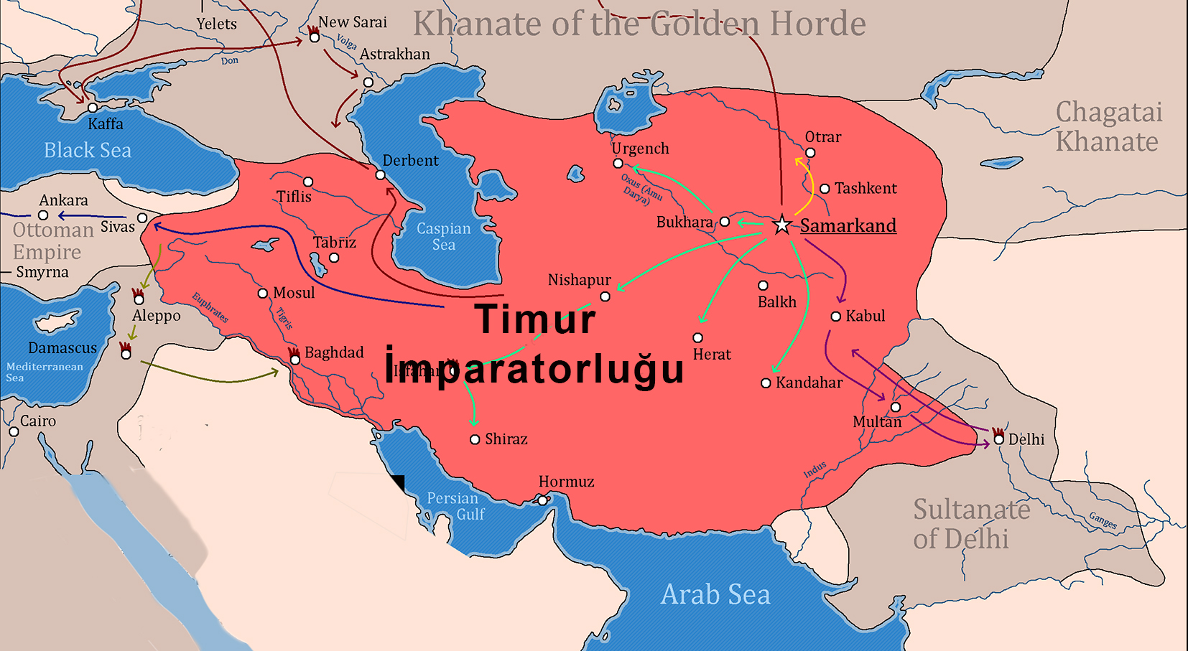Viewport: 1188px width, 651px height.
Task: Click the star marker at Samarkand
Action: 781,225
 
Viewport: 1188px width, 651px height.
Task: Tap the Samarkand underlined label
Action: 848,225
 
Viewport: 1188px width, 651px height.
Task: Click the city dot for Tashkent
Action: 825,189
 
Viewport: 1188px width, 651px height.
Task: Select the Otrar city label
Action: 822,137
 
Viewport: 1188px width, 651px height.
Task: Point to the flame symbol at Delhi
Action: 998,433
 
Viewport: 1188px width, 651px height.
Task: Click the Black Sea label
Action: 88,150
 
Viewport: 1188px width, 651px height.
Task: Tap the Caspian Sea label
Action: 444,236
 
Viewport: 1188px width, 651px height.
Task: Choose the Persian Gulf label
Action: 455,506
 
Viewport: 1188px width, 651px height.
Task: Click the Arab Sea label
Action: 715,594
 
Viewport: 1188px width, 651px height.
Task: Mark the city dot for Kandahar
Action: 766,383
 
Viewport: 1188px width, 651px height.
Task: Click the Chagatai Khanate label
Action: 1108,127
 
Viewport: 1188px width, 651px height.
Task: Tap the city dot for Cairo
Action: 14,431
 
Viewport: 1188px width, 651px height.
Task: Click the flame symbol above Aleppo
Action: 138,294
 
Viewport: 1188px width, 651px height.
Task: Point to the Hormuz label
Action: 566,482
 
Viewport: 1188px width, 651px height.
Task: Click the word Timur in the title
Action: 535,319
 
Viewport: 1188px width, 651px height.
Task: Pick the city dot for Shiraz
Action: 475,439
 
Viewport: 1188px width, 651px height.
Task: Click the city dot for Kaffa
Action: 93,108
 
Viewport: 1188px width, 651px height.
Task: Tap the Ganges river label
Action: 1103,520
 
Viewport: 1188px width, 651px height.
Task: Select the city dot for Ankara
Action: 43,215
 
